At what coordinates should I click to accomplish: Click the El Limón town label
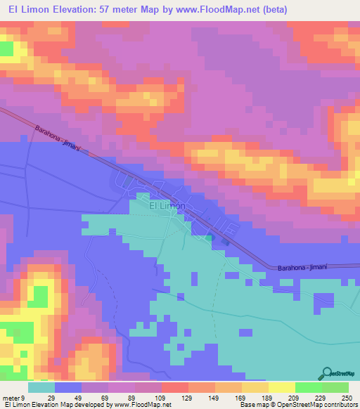tap(166, 206)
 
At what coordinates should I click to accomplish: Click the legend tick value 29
tap(51, 398)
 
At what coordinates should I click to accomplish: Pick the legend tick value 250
tap(346, 398)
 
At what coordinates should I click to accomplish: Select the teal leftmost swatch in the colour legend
tap(41, 387)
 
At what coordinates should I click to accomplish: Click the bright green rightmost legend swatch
tap(335, 387)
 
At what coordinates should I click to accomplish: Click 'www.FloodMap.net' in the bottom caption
tap(141, 405)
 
